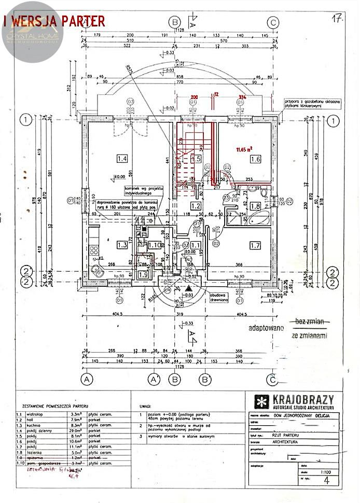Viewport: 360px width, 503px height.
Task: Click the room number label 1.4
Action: [x=122, y=158]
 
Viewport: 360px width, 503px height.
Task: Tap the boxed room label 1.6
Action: [x=255, y=159]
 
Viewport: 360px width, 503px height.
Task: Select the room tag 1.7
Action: [x=255, y=245]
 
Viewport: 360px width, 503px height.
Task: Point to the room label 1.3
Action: [x=122, y=245]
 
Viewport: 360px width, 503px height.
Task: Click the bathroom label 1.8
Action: [x=255, y=206]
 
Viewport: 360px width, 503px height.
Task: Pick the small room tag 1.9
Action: [x=143, y=274]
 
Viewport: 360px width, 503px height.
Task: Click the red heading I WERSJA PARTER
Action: [x=54, y=21]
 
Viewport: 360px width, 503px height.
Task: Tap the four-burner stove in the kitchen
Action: [x=94, y=250]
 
